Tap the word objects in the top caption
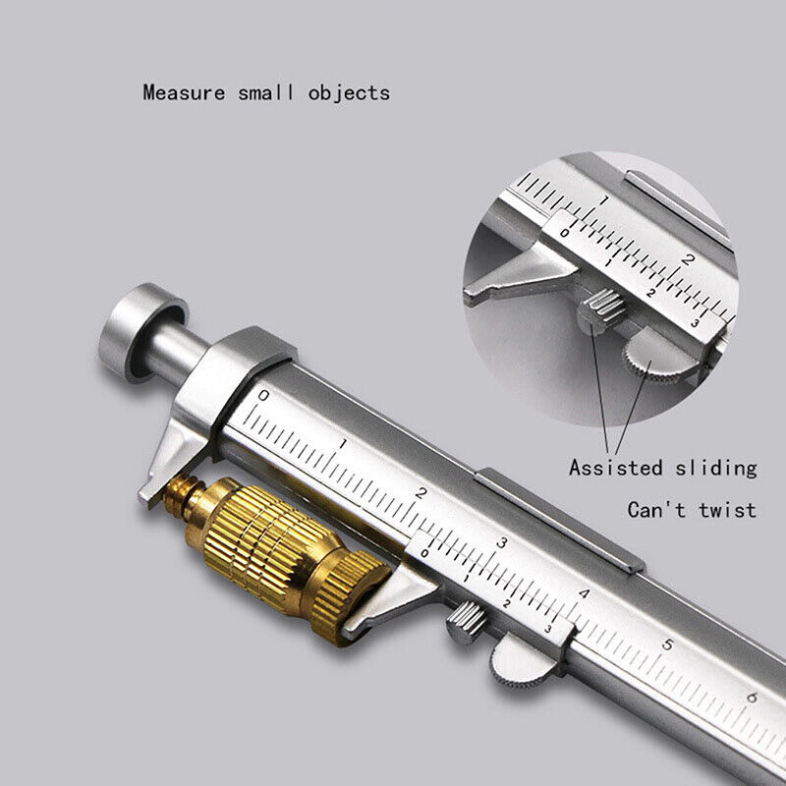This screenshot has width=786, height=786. (x=349, y=93)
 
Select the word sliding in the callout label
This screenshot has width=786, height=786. (x=715, y=468)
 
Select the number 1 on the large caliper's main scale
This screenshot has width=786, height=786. (x=342, y=444)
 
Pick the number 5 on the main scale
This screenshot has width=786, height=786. (x=668, y=646)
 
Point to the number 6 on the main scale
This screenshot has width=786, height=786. (x=751, y=698)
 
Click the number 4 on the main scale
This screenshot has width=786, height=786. (x=585, y=593)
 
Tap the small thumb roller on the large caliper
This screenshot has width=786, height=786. (x=464, y=622)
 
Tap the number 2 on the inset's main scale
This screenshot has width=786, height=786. (x=689, y=259)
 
